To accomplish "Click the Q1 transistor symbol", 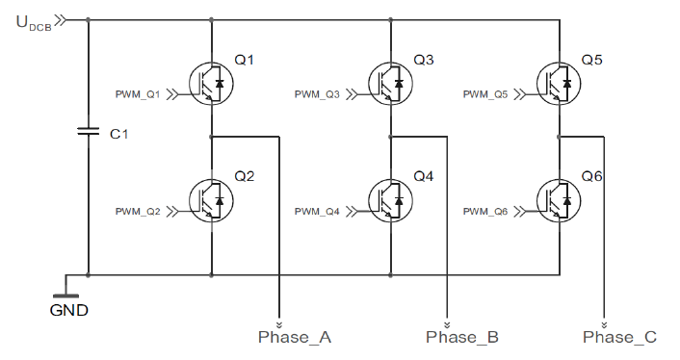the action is click(211, 84).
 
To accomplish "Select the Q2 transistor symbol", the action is click(211, 200).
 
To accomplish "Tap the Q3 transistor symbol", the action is click(391, 84).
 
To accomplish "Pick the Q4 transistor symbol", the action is click(391, 200).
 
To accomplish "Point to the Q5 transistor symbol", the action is click(559, 84).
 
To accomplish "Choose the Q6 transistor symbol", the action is click(559, 200).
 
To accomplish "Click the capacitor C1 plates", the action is click(88, 131).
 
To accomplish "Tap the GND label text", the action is click(69, 310).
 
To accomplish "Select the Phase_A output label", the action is click(295, 337).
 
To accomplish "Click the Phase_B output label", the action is click(462, 337).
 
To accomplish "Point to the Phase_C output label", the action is click(619, 337).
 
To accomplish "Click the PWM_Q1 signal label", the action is click(138, 94).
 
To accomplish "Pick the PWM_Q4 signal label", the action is click(317, 212).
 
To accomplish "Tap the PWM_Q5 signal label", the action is click(485, 94).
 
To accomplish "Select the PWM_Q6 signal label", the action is click(485, 212).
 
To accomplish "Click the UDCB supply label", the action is click(34, 22).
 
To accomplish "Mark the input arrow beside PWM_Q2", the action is click(172, 212).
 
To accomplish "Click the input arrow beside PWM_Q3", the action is click(352, 94).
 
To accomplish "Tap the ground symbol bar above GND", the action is click(65, 296).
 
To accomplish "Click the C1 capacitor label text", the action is click(118, 135).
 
